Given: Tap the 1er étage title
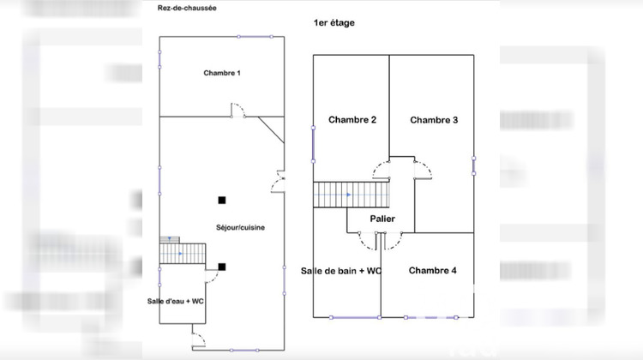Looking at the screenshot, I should (334, 23).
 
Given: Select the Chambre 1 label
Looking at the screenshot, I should (221, 73).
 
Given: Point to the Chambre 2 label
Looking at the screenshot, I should (352, 120).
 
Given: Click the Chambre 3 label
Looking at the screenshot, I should (433, 120).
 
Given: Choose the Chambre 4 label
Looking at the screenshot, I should (432, 271).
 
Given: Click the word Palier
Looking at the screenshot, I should (382, 219).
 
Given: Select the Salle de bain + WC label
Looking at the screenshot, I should (341, 271).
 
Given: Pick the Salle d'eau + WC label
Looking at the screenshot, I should (176, 301).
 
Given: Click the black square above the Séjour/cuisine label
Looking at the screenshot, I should (222, 200).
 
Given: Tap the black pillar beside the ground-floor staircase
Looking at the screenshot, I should (222, 267).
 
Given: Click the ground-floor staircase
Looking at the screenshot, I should (183, 254).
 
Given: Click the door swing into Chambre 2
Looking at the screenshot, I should (380, 170).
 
